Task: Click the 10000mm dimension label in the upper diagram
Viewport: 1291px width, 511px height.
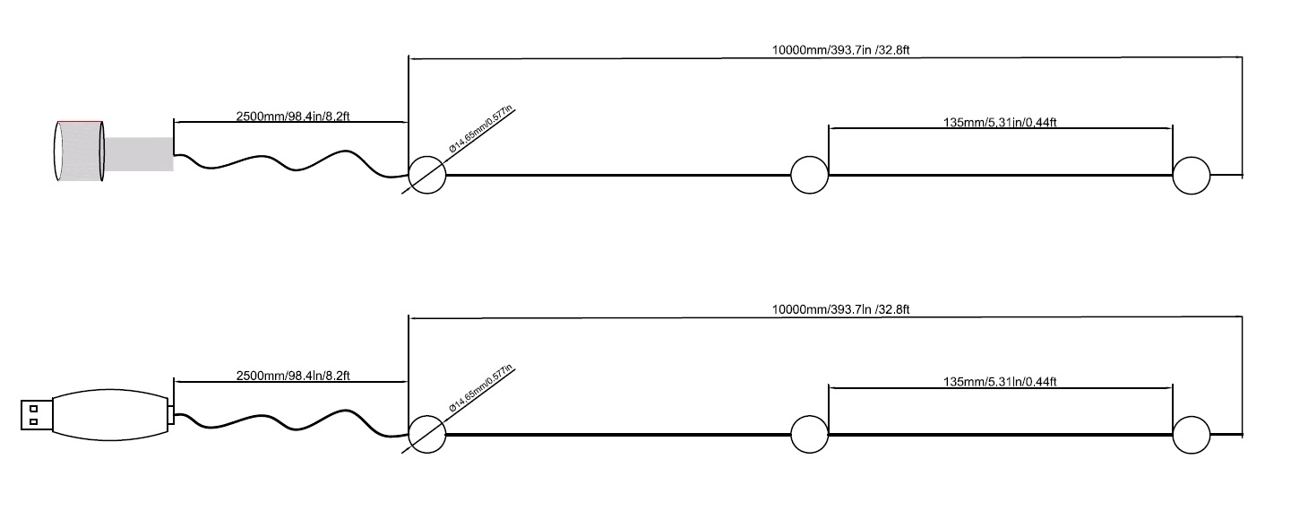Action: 840,50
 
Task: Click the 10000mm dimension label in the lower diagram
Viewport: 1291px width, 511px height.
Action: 840,309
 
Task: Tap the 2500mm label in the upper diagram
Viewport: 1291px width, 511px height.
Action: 292,116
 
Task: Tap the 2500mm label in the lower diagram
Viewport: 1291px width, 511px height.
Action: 292,376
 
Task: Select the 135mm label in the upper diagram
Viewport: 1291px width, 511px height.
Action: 1000,122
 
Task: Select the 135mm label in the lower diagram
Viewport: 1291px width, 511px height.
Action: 1000,382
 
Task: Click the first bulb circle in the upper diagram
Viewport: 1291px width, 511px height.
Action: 427,175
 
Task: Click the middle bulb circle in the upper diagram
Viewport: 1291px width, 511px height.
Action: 810,175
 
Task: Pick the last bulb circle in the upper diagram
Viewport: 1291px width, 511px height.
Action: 1192,175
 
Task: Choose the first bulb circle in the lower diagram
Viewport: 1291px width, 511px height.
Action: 427,435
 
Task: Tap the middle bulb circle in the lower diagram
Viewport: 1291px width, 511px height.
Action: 810,435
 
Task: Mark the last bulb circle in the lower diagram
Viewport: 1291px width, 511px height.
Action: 1192,435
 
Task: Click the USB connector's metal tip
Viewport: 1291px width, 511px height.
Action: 36,415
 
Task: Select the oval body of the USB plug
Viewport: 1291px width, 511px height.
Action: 109,415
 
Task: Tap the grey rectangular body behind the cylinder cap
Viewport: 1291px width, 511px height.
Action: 139,153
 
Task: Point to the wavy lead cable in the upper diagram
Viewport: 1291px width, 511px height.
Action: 287,164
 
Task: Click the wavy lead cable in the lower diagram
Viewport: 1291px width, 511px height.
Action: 287,422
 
